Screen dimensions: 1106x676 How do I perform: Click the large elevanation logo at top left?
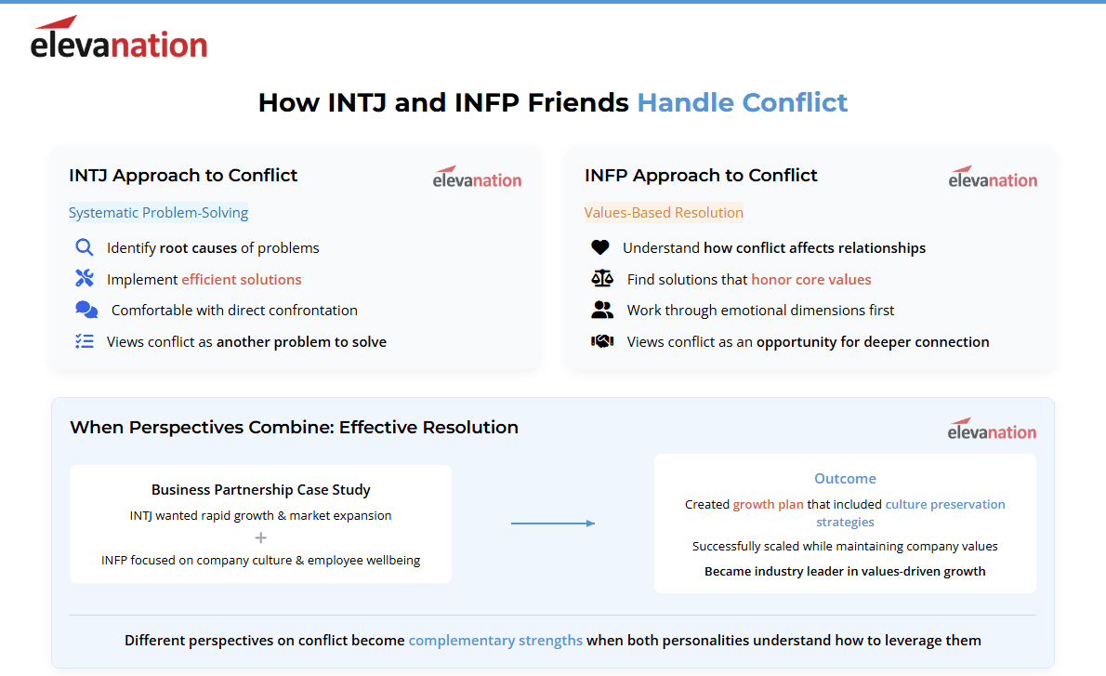pyautogui.click(x=119, y=36)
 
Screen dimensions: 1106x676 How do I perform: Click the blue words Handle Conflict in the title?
pyautogui.click(x=742, y=102)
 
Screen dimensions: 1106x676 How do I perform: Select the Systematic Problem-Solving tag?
pyautogui.click(x=159, y=212)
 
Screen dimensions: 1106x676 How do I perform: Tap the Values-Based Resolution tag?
pyautogui.click(x=664, y=212)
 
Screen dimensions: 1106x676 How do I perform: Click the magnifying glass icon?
pyautogui.click(x=84, y=247)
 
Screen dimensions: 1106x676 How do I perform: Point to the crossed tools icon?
pyautogui.click(x=84, y=278)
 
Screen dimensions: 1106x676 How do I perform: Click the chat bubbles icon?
pyautogui.click(x=86, y=310)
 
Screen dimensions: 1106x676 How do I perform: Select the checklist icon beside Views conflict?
pyautogui.click(x=84, y=341)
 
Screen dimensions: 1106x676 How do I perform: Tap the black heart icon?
pyautogui.click(x=600, y=247)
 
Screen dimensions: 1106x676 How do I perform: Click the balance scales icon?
pyautogui.click(x=602, y=278)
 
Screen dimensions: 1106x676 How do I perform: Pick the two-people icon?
pyautogui.click(x=602, y=310)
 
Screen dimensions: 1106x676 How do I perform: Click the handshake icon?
pyautogui.click(x=602, y=341)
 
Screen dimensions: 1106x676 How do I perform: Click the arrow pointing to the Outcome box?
pyautogui.click(x=553, y=523)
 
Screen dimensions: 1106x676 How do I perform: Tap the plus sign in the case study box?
pyautogui.click(x=260, y=537)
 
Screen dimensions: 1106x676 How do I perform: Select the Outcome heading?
pyautogui.click(x=845, y=479)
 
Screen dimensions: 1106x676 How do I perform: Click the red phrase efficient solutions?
pyautogui.click(x=242, y=280)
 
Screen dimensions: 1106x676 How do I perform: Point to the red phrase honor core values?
pyautogui.click(x=811, y=280)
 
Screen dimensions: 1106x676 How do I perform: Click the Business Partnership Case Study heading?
pyautogui.click(x=260, y=490)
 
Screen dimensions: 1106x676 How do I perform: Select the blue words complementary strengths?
pyautogui.click(x=495, y=640)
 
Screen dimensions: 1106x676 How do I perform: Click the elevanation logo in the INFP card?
pyautogui.click(x=993, y=177)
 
